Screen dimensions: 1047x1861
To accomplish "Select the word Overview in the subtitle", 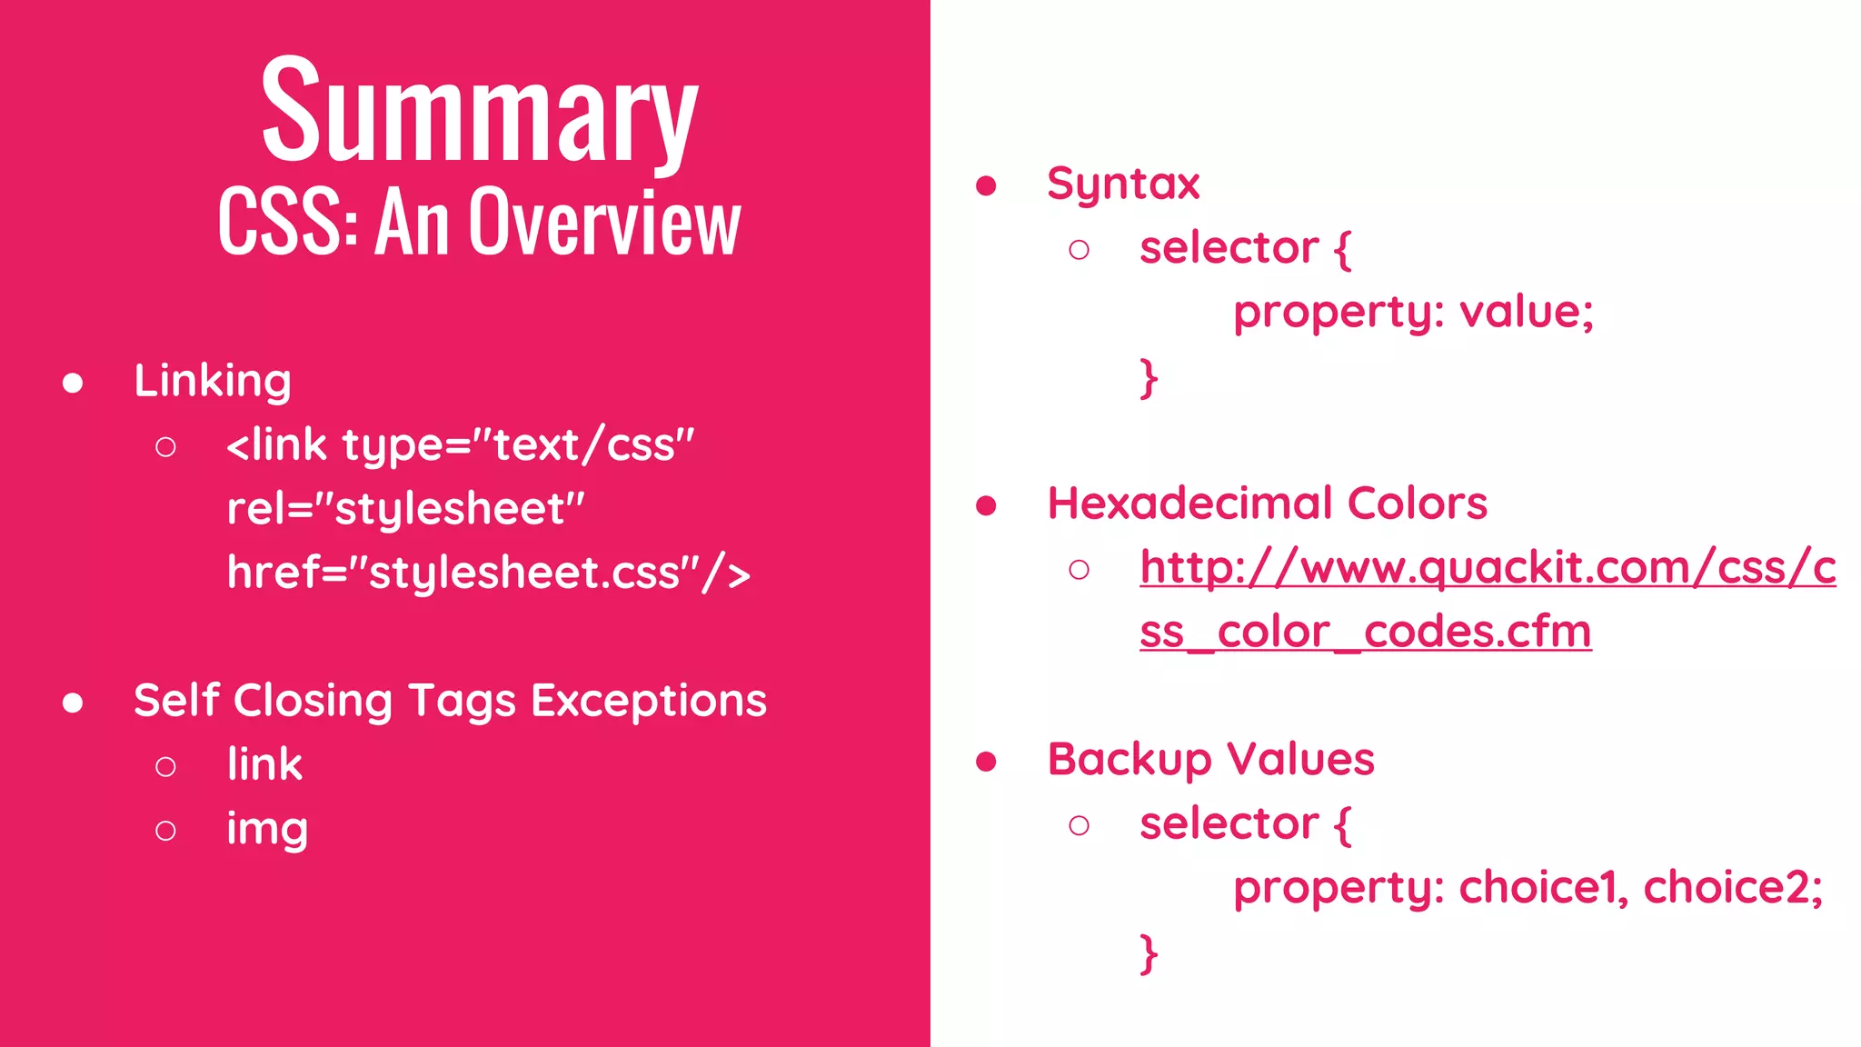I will [x=604, y=223].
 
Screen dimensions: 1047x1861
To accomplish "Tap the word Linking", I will [x=213, y=381].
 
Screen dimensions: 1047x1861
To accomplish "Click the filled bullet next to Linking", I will [x=74, y=384].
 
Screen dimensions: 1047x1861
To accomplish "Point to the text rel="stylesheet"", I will [x=405, y=509].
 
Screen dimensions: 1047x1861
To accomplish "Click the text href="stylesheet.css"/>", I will [x=488, y=573].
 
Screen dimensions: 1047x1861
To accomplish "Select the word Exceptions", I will [x=649, y=701].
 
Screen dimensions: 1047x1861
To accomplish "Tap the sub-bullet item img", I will [x=267, y=829].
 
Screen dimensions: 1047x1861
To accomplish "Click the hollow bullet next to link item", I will [x=165, y=767].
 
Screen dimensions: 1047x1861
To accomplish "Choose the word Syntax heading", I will [x=1123, y=184].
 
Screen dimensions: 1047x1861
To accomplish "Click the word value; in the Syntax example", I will [x=1527, y=313].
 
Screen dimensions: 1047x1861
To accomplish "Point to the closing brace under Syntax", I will [x=1149, y=378].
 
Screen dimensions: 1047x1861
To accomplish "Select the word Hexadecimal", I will [x=1191, y=504].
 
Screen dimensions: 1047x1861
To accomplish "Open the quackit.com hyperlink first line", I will [x=1488, y=568].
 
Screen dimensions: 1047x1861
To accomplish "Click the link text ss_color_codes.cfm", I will [x=1365, y=632].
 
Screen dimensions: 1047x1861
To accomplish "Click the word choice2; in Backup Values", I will [x=1733, y=888].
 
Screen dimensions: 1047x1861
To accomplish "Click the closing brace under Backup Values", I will [x=1149, y=954].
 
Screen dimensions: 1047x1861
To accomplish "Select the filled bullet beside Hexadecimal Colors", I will [x=986, y=506].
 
